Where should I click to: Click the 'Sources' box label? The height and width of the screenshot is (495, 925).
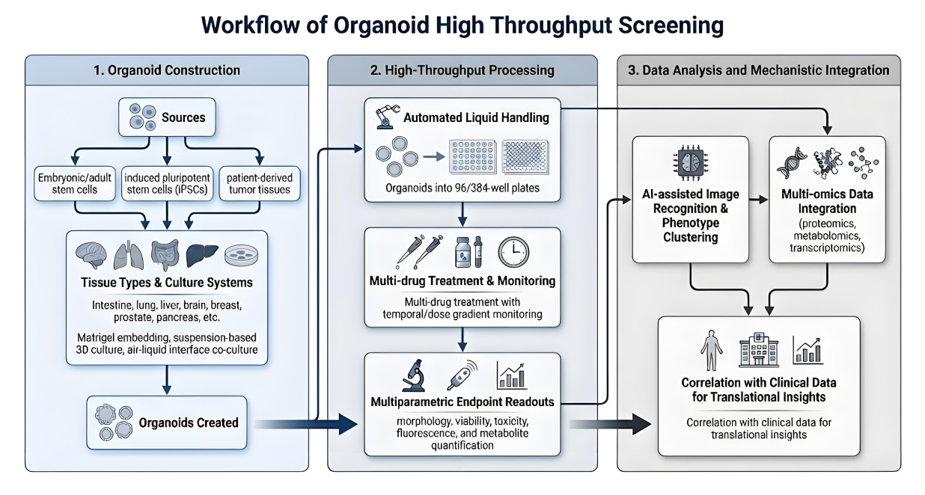(183, 117)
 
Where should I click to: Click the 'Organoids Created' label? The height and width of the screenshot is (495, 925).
(189, 422)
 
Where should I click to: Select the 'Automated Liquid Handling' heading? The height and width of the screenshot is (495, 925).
(476, 117)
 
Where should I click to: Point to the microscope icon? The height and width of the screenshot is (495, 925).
(412, 375)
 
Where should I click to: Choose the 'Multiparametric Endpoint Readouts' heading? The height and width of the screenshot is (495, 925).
(462, 402)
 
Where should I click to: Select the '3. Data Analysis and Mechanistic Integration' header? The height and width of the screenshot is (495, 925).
(758, 70)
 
